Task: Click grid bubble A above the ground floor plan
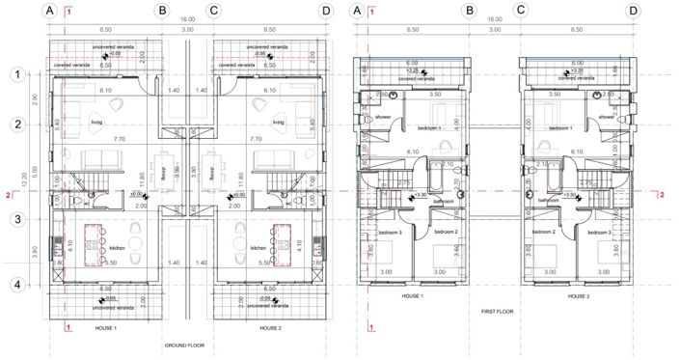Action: click(51, 11)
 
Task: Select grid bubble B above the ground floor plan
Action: click(162, 11)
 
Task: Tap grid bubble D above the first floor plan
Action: click(633, 11)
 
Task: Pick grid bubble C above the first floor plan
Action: click(522, 11)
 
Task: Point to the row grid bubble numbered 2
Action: click(15, 124)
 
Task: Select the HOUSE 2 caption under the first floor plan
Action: click(579, 295)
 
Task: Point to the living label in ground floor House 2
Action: click(278, 123)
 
